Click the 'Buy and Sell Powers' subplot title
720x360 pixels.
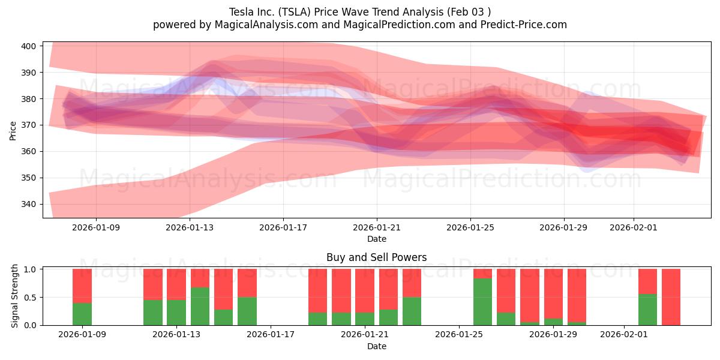[376, 257]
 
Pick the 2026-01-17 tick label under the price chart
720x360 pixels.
[283, 227]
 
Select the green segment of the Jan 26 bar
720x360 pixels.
[482, 301]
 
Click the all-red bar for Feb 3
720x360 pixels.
[671, 297]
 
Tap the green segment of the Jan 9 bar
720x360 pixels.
[82, 314]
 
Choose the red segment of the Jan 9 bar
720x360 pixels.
[82, 286]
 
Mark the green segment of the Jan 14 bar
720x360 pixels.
[200, 306]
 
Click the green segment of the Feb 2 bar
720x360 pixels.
[647, 310]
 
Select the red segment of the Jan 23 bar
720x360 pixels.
[412, 283]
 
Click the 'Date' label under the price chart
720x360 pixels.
[376, 239]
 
